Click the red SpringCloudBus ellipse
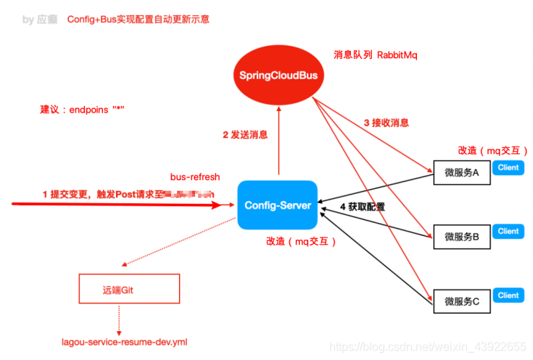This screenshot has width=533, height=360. point(280,75)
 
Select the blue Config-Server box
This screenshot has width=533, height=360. point(277,205)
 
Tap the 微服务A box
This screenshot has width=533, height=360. point(461,173)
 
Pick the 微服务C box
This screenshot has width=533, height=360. point(461,300)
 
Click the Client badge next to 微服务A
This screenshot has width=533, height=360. point(508,168)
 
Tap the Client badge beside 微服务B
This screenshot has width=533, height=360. point(508,231)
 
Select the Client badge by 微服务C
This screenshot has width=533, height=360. point(508,295)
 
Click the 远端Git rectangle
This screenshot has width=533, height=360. point(128,289)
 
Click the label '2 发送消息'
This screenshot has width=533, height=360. point(245,134)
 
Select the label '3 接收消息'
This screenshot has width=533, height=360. point(387,123)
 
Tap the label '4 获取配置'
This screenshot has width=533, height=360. point(363,207)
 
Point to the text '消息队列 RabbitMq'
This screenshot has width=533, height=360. point(375,54)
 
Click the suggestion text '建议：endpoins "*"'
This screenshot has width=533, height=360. point(82,110)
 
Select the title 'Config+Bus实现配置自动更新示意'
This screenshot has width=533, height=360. point(138,19)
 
